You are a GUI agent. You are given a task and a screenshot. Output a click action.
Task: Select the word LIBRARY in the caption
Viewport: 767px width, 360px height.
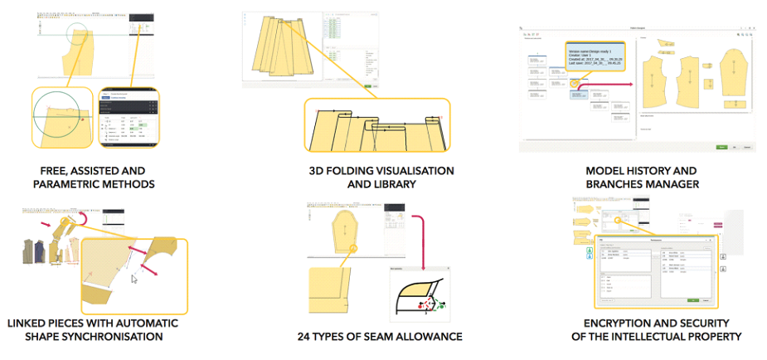pos(389,184)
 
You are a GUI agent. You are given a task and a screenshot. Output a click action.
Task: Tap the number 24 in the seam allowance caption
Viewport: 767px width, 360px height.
pos(305,336)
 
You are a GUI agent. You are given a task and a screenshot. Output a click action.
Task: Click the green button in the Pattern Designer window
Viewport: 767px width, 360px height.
pos(721,147)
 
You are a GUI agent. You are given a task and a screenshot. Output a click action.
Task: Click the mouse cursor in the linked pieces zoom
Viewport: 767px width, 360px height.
pos(134,280)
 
